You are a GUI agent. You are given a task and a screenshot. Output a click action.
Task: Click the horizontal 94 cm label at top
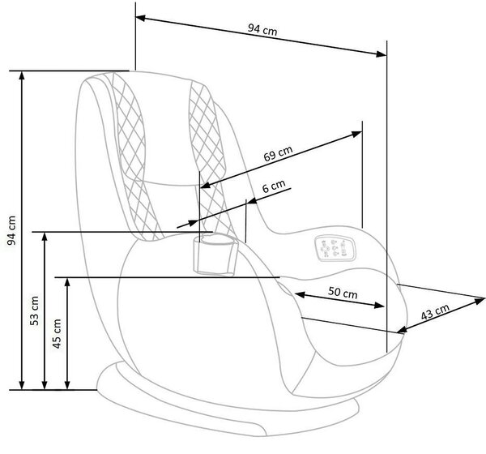point(262,30)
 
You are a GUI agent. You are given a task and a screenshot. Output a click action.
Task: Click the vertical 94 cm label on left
point(11,230)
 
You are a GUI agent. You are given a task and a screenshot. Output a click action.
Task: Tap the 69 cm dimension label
point(278,153)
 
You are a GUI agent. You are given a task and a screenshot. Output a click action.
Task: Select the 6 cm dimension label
point(274,186)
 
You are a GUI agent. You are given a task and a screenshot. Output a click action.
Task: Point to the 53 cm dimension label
point(34,311)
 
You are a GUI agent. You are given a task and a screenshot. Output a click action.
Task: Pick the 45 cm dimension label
point(58,333)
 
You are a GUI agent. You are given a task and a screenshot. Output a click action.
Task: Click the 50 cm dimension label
point(343,293)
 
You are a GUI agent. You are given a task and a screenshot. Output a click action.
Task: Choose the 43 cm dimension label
point(435,312)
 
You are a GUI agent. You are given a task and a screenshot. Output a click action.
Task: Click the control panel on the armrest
point(335,247)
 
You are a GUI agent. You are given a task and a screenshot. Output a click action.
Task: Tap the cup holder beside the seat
point(215,255)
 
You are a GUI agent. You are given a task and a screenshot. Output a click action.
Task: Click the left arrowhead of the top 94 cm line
point(140,18)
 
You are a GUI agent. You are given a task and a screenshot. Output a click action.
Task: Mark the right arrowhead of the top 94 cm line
point(382,54)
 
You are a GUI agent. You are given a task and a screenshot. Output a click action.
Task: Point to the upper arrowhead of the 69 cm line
point(356,134)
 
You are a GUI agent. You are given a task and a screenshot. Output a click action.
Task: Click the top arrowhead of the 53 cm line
point(45,237)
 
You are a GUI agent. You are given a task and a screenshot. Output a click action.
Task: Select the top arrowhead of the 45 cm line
point(67,282)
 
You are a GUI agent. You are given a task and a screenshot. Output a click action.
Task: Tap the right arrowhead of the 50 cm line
point(379,306)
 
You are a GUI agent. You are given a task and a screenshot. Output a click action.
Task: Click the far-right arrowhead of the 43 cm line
point(480,301)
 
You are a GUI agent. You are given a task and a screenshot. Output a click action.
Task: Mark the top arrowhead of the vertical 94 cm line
point(22,76)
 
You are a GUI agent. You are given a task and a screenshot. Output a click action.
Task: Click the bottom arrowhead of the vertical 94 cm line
point(22,385)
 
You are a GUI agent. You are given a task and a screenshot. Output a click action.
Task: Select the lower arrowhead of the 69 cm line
point(206,186)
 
